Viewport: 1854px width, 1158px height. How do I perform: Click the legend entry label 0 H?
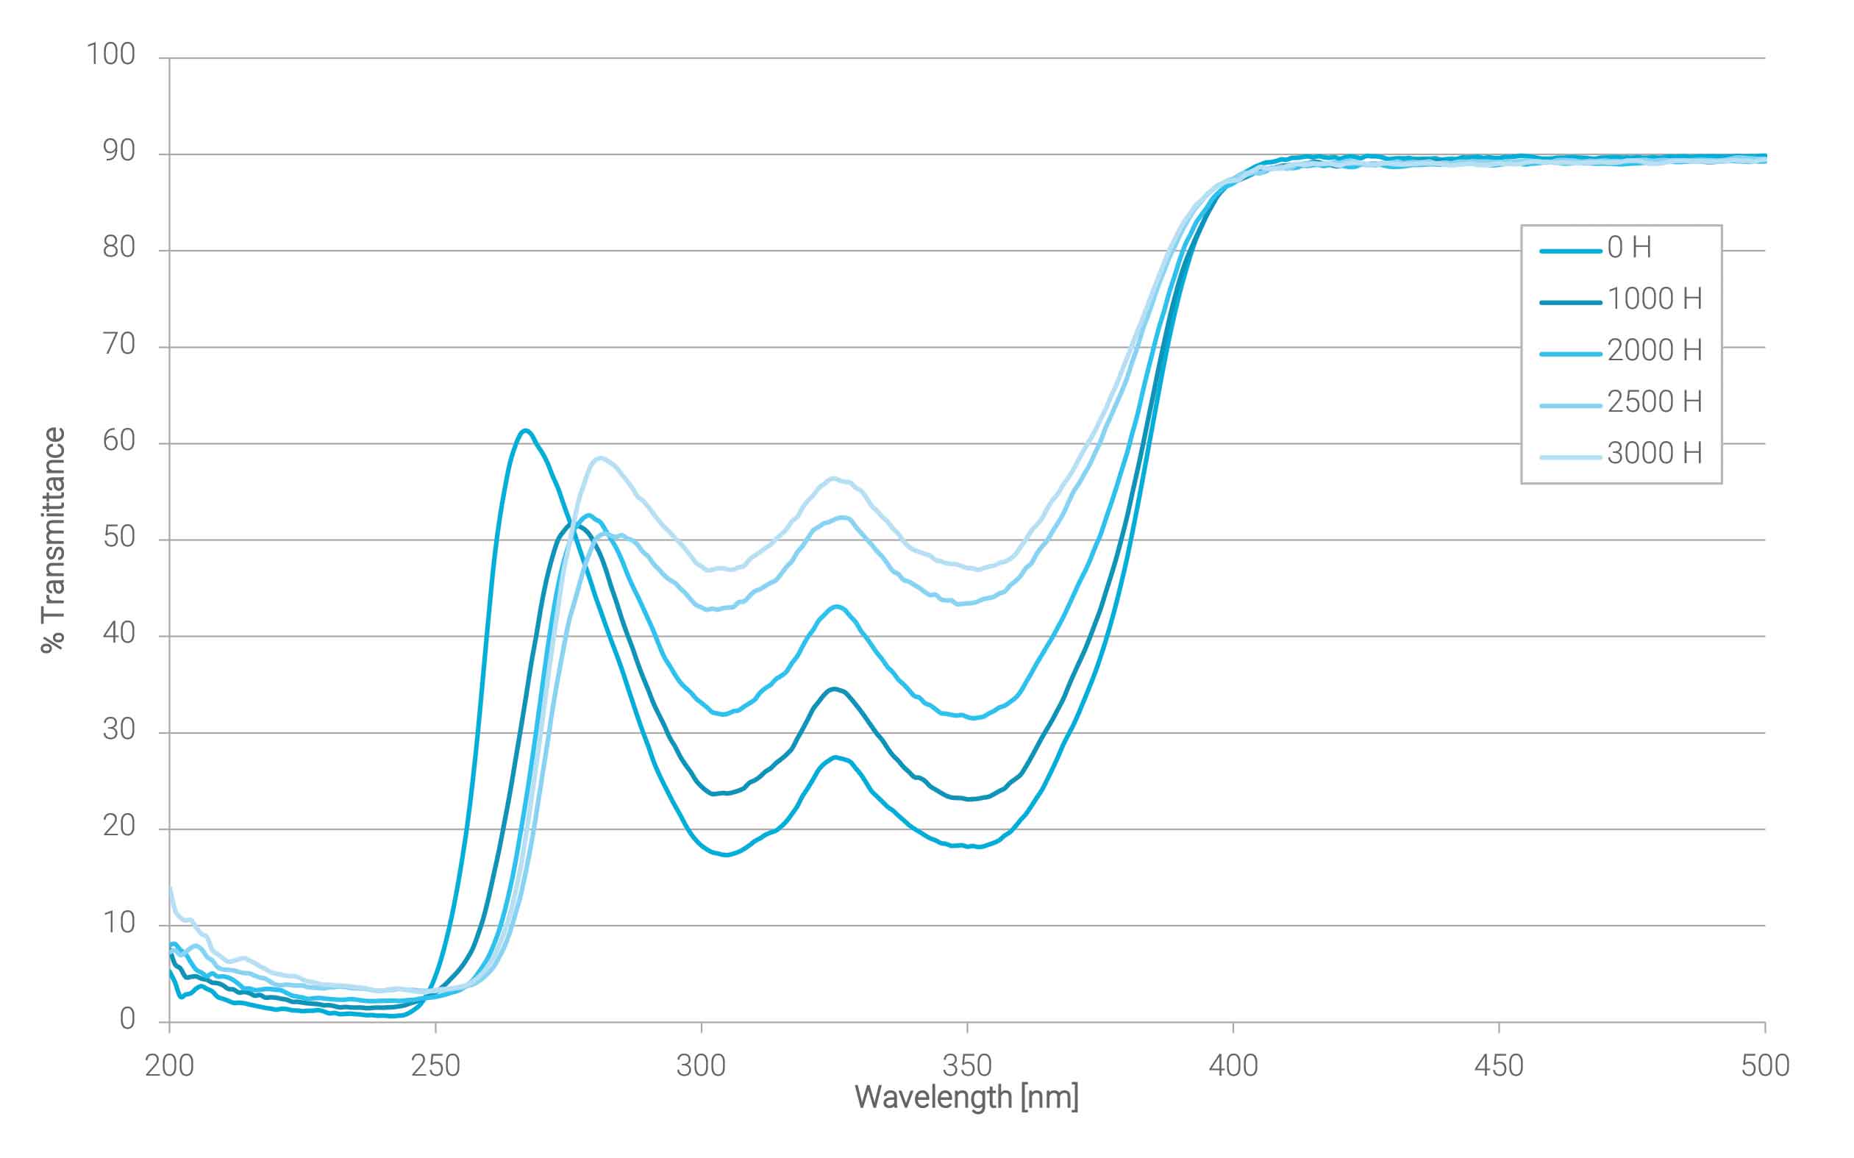click(1629, 247)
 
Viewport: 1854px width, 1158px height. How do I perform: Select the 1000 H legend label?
click(1654, 299)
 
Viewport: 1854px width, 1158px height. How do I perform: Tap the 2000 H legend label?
click(1654, 350)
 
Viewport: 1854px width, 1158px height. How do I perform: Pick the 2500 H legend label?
click(1654, 401)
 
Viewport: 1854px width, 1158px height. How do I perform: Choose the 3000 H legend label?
click(1654, 453)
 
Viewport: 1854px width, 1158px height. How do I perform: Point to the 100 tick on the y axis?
click(110, 54)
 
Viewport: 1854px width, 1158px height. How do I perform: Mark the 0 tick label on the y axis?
click(127, 1018)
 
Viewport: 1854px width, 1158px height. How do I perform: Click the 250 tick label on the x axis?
click(435, 1065)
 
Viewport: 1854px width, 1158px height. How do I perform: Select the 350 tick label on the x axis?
click(967, 1065)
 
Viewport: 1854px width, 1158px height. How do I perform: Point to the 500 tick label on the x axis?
click(1765, 1065)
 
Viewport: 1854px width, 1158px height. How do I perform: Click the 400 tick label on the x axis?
click(1233, 1065)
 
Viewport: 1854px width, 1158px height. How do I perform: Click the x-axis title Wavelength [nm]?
click(966, 1098)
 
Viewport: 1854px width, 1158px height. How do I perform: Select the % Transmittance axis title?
click(54, 540)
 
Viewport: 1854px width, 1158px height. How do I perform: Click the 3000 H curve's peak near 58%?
click(600, 458)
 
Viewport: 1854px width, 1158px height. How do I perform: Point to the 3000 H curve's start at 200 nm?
click(170, 888)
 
